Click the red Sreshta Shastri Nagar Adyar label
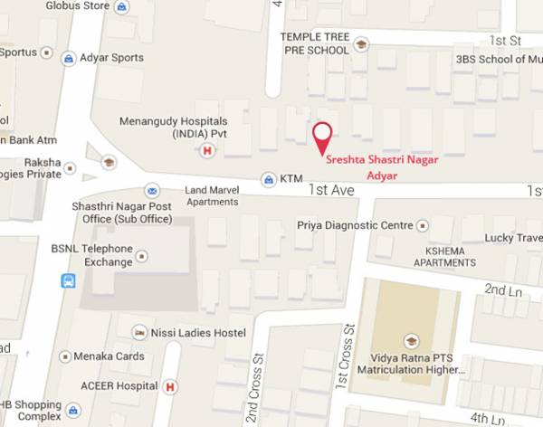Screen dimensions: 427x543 point(382,166)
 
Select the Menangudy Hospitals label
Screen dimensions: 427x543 point(173,128)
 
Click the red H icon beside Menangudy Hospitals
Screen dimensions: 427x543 point(207,151)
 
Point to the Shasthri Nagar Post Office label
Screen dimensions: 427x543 point(122,213)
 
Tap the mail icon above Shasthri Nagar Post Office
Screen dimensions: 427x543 point(152,191)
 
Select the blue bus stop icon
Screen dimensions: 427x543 point(68,280)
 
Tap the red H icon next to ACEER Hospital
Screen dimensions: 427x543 point(170,386)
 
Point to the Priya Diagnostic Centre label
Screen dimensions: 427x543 point(355,224)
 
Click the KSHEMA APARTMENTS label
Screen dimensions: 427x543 point(444,256)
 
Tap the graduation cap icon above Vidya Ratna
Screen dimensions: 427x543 point(412,341)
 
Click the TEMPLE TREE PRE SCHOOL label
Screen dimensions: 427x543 point(314,43)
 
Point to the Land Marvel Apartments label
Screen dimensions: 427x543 point(212,195)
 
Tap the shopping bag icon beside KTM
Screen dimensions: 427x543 point(268,179)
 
